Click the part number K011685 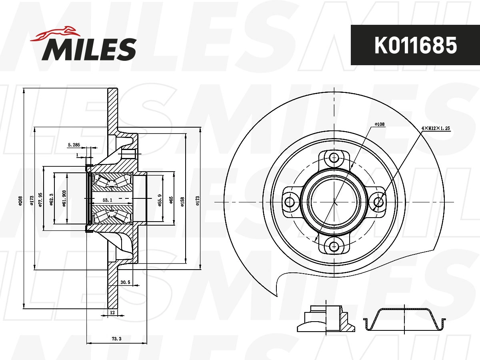pyautogui.click(x=415, y=45)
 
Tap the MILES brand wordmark pyautogui.click(x=89, y=49)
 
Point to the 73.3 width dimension pyautogui.click(x=116, y=339)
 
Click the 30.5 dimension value pyautogui.click(x=125, y=282)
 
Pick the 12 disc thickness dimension pyautogui.click(x=112, y=312)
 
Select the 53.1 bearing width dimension pyautogui.click(x=107, y=200)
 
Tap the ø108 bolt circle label pyautogui.click(x=379, y=124)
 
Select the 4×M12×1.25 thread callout pyautogui.click(x=436, y=128)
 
